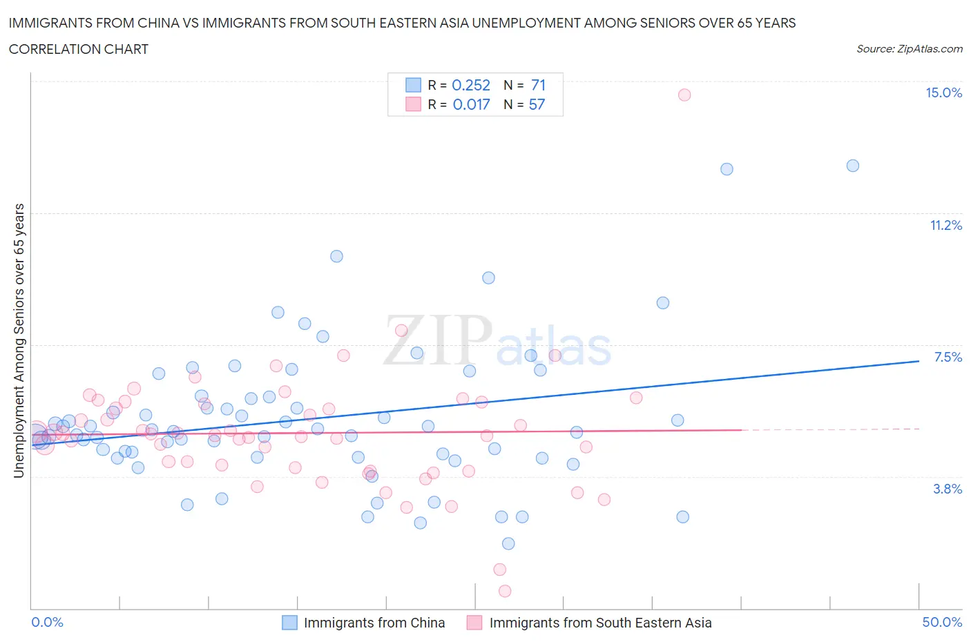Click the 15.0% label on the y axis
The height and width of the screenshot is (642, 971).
[943, 93]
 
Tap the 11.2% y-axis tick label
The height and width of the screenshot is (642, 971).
[945, 225]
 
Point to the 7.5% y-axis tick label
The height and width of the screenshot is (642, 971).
[948, 357]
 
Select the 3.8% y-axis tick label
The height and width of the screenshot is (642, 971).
[948, 489]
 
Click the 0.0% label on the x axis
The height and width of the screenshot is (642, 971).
[47, 622]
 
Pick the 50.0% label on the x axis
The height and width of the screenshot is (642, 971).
[942, 622]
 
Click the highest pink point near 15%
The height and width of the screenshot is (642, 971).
[684, 95]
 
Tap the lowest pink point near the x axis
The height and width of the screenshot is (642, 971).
[505, 591]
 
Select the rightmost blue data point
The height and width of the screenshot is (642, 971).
[853, 166]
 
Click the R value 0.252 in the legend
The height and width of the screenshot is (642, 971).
[470, 85]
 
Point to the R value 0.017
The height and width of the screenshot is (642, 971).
[471, 104]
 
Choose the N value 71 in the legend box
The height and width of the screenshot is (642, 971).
[538, 85]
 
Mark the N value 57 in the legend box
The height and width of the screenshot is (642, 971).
[537, 104]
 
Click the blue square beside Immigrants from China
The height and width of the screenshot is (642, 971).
[289, 623]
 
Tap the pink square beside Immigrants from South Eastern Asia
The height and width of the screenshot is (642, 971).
[474, 623]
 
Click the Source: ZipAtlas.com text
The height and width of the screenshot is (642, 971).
[909, 48]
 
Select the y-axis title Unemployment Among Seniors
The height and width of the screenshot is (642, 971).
[19, 340]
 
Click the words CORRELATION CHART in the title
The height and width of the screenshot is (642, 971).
[79, 49]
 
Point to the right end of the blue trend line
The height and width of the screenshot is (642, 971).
[919, 361]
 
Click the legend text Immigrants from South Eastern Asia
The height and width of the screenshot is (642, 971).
[600, 623]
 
